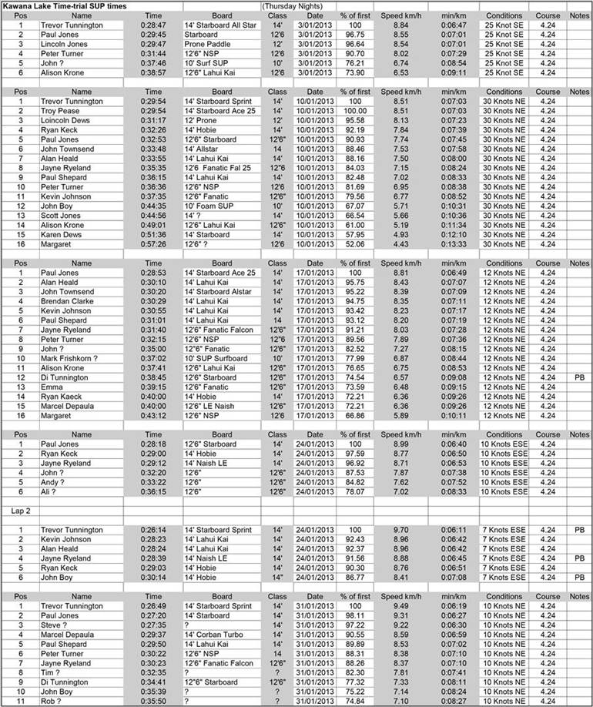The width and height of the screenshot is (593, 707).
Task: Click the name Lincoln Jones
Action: point(65,45)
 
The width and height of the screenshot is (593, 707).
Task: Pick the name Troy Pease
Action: point(61,111)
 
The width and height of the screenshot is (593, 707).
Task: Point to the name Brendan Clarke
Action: point(68,301)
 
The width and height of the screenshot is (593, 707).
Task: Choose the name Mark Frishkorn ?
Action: point(73,358)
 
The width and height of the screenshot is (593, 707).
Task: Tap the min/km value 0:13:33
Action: point(454,244)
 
